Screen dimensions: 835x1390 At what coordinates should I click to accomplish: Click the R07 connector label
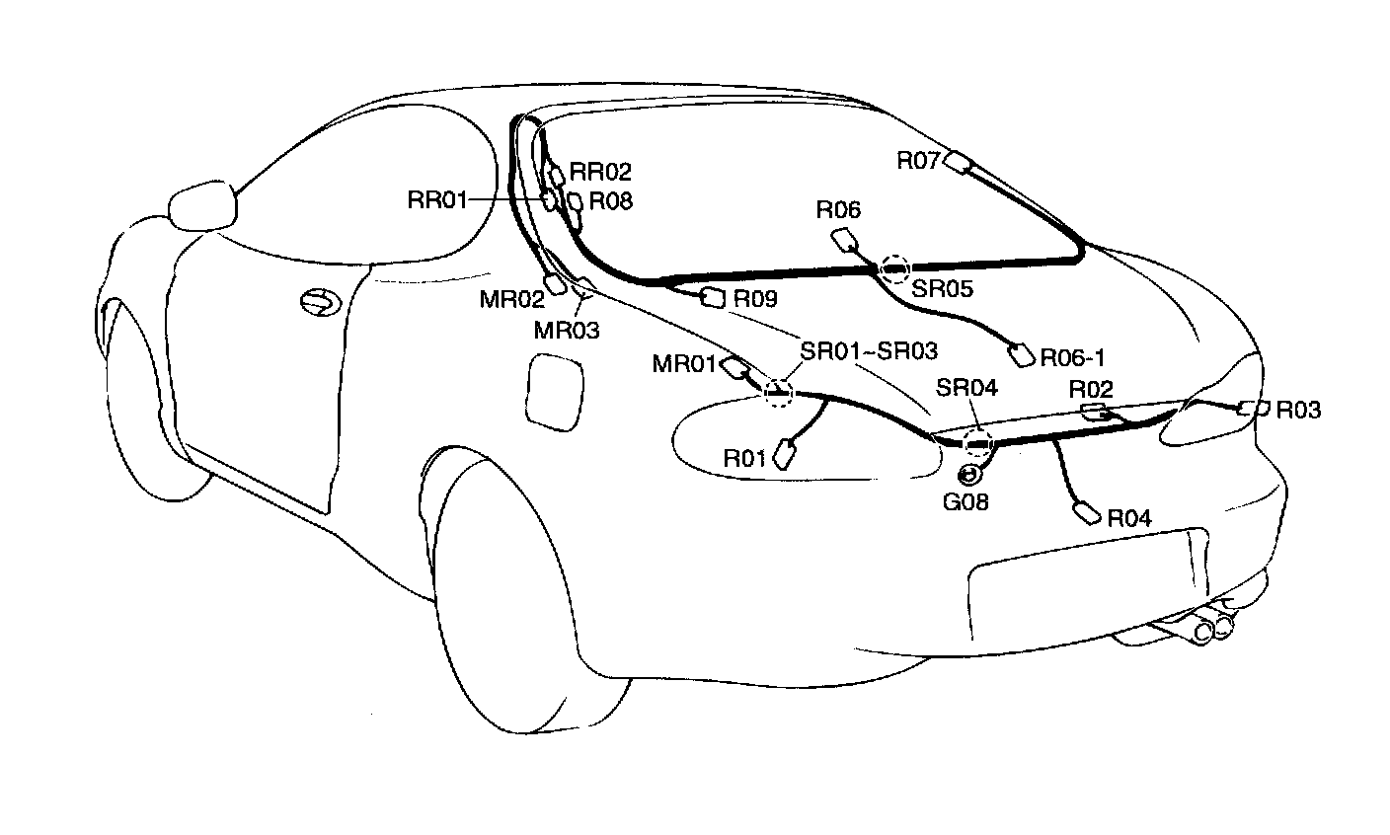(x=919, y=160)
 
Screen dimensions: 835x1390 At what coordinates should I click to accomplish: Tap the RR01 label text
(x=436, y=201)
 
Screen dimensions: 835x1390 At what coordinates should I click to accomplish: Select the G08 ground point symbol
(x=969, y=476)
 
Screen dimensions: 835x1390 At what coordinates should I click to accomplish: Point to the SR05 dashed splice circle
(x=895, y=266)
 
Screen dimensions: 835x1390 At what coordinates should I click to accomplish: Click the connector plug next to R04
(x=1087, y=514)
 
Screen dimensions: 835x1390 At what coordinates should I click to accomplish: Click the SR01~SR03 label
(x=868, y=350)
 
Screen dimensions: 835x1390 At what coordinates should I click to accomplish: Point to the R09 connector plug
(x=712, y=295)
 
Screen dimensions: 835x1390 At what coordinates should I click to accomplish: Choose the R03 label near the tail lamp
(x=1298, y=410)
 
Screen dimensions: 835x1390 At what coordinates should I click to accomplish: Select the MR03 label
(x=567, y=330)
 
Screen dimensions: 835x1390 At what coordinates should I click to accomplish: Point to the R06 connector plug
(x=846, y=239)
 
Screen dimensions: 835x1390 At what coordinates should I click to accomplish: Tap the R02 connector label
(x=1092, y=390)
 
